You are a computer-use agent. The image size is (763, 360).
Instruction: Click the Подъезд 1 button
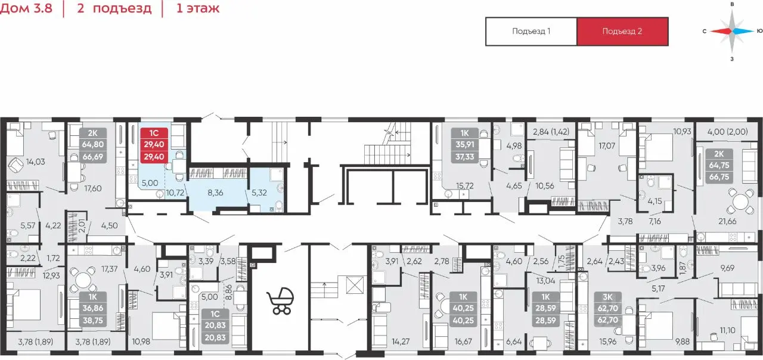point(531,32)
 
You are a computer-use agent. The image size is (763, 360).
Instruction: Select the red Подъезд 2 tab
point(622,32)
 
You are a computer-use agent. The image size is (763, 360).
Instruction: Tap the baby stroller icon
point(280,301)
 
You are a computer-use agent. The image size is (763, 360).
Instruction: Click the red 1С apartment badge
point(154,144)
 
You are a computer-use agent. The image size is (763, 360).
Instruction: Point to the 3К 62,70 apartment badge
point(607,308)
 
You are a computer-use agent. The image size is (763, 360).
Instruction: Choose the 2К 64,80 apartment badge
point(92,144)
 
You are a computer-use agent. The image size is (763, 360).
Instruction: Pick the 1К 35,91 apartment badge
point(464,144)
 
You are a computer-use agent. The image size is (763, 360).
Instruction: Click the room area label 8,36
point(215,193)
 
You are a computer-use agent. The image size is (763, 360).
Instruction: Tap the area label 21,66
point(727,221)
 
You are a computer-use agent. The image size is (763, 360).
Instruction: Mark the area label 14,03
point(35,162)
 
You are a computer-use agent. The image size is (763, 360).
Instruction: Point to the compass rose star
point(732,32)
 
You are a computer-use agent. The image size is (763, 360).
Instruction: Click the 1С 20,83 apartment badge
point(215,325)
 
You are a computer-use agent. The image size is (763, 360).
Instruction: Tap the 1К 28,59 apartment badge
point(545,309)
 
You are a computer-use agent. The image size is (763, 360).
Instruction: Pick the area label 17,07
point(607,146)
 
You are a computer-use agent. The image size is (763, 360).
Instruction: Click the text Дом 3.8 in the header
point(26,8)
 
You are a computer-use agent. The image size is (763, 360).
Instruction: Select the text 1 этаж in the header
point(197,8)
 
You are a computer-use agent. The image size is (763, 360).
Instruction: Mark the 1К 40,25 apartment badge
point(463,309)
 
